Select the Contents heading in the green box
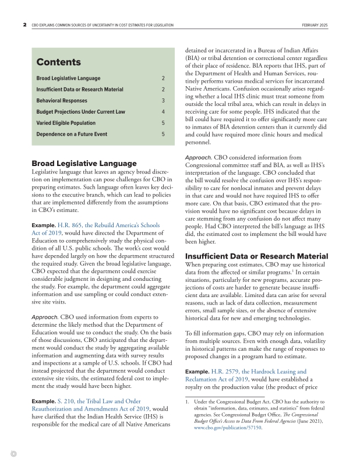click(58, 62)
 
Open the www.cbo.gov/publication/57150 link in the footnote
click(228, 428)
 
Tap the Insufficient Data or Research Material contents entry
click(80, 89)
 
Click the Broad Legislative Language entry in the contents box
click(68, 78)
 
